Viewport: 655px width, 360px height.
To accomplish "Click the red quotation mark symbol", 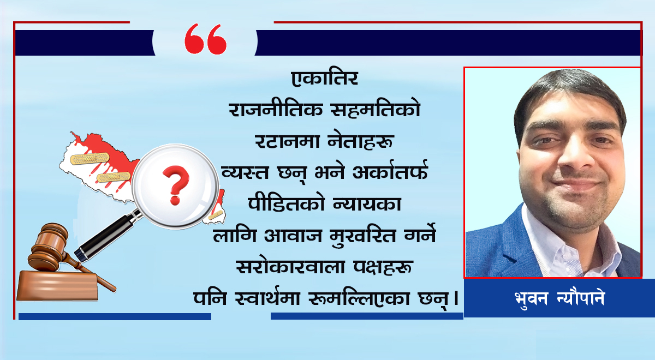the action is (206, 39).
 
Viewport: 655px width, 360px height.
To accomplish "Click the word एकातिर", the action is (325, 79).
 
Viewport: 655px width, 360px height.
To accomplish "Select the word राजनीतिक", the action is (276, 109).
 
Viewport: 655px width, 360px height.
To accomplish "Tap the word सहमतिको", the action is (376, 109).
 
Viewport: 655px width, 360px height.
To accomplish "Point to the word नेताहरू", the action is (361, 141).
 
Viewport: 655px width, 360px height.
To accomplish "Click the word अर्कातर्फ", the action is (390, 171).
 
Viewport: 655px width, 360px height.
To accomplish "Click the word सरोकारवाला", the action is (290, 267).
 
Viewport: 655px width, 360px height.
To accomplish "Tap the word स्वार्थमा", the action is (267, 297).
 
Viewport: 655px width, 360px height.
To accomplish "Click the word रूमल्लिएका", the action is (359, 298).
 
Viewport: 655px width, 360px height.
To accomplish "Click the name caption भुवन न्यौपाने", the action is (559, 298).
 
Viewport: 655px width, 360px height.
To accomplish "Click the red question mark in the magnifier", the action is (176, 185).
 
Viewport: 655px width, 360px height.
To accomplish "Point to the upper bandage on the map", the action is (90, 158).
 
